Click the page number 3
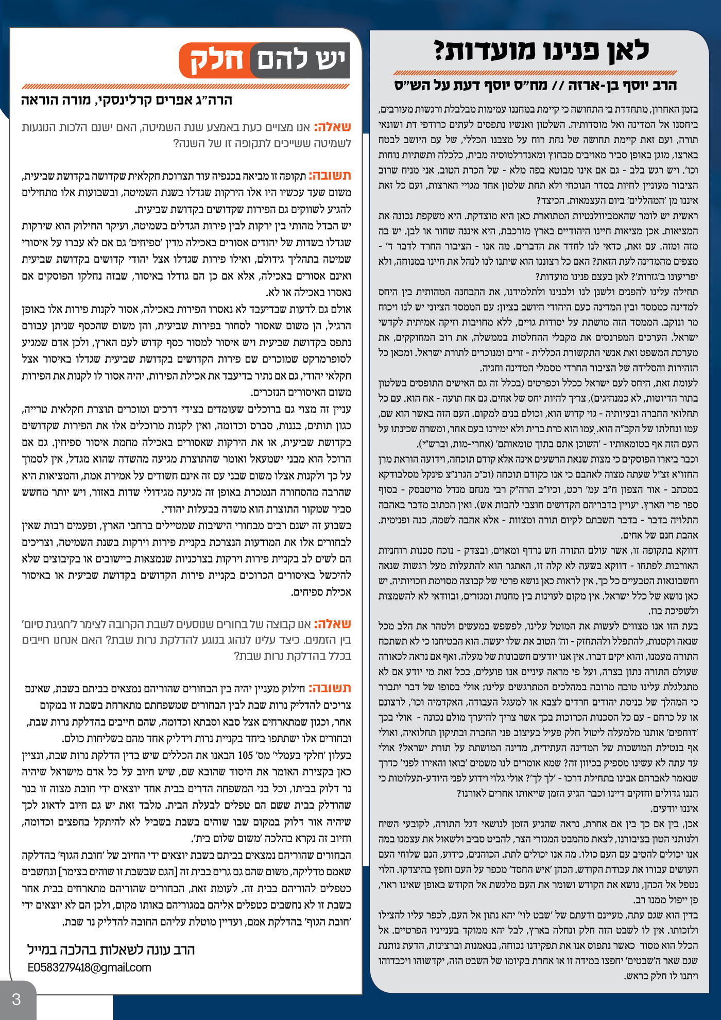point(16,999)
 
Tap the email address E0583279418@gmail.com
point(90,967)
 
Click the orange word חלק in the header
point(217,60)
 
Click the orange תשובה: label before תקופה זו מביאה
point(330,176)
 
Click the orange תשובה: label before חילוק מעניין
point(330,688)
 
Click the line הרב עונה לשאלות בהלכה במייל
point(111,949)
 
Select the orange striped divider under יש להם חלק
point(186,87)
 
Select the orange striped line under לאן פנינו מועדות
point(535,73)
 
